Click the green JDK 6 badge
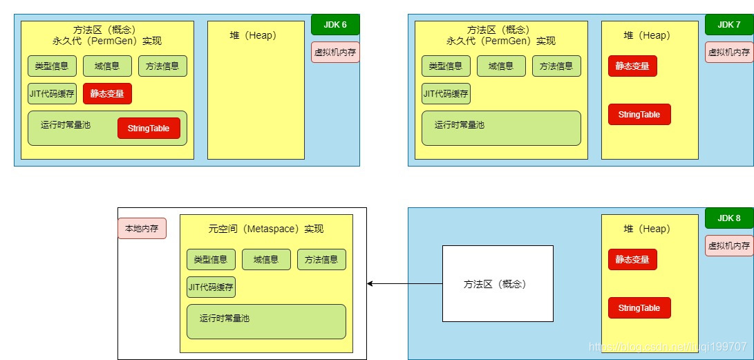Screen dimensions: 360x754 click(x=335, y=24)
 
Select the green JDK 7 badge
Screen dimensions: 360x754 click(x=729, y=24)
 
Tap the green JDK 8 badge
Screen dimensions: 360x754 click(x=729, y=218)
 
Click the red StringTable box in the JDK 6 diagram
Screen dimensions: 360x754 click(x=149, y=128)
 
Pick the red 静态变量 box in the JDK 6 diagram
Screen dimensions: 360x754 click(x=107, y=93)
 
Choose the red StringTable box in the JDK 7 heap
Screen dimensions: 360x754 click(x=639, y=114)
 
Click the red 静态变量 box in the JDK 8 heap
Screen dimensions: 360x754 click(x=632, y=259)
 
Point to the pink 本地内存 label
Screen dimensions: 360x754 click(x=142, y=228)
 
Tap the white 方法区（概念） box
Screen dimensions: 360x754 click(x=498, y=283)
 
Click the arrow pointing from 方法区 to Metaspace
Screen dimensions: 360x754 click(x=404, y=283)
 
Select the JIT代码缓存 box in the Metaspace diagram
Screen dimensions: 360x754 click(x=211, y=287)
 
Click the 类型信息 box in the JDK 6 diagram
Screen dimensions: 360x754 click(x=52, y=66)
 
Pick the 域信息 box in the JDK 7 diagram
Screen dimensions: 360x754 click(x=501, y=66)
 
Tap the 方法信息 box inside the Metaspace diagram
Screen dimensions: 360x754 click(x=321, y=259)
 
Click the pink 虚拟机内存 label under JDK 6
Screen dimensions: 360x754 click(x=335, y=52)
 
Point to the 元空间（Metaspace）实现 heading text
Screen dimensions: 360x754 click(x=266, y=229)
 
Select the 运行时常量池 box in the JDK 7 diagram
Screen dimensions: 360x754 click(x=501, y=128)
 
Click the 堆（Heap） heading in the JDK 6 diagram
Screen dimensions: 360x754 click(x=253, y=35)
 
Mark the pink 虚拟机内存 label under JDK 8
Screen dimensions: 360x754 click(x=729, y=245)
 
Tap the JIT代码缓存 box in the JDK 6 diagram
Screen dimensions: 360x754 click(x=52, y=93)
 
